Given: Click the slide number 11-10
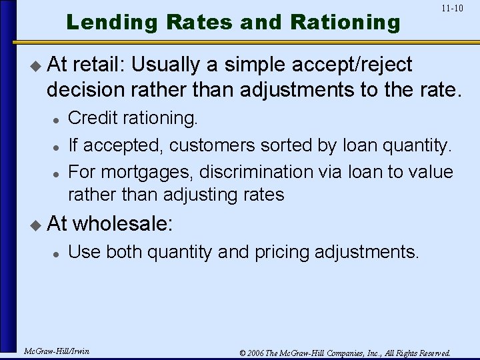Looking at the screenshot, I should coord(452,9).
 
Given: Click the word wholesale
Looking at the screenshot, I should coord(122,223).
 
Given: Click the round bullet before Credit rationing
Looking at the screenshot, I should coord(57,119).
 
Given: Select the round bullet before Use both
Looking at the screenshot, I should coord(57,253).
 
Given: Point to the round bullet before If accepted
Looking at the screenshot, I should coord(57,146).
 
